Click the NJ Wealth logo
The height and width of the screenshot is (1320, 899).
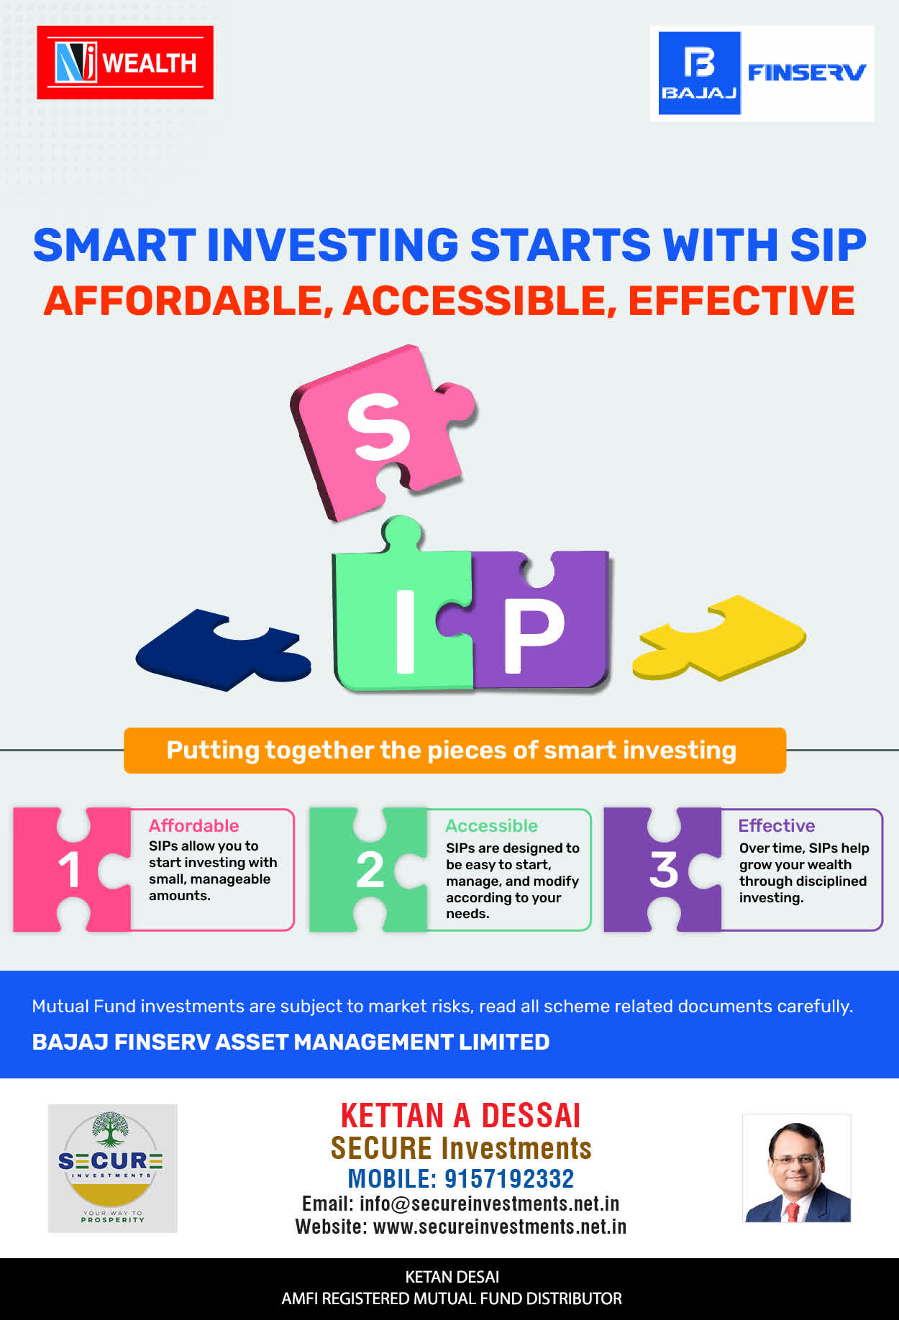(125, 63)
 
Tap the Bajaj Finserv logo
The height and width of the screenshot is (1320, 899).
(762, 73)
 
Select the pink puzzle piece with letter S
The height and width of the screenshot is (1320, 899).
(381, 431)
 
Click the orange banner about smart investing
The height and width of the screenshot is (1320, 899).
(455, 751)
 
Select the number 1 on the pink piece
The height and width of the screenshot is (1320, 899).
(69, 870)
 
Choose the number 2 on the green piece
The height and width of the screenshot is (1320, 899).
(370, 870)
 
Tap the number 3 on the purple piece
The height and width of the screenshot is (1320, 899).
(664, 870)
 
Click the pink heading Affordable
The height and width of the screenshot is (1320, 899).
(194, 825)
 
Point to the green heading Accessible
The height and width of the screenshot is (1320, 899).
(492, 825)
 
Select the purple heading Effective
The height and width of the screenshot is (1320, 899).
(777, 825)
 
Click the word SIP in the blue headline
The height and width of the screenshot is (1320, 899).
(829, 244)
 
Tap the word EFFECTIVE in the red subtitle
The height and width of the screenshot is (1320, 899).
(741, 301)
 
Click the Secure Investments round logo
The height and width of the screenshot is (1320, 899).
(112, 1168)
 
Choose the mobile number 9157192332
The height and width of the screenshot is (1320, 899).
(509, 1179)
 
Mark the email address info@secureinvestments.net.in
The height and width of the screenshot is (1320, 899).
(489, 1204)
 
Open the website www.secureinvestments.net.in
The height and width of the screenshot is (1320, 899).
(500, 1227)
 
